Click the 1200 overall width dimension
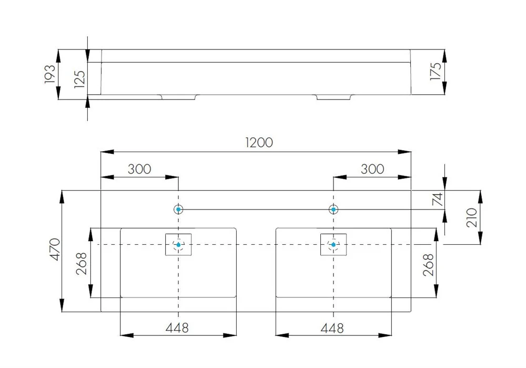tap(259, 142)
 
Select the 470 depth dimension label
tap(55, 249)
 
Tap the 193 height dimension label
tap(49, 74)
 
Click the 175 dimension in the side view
tap(436, 72)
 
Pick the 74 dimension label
tap(438, 200)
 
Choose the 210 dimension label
tap(471, 217)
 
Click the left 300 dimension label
tap(139, 169)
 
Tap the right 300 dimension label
tap(372, 169)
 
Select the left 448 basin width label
tap(177, 327)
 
